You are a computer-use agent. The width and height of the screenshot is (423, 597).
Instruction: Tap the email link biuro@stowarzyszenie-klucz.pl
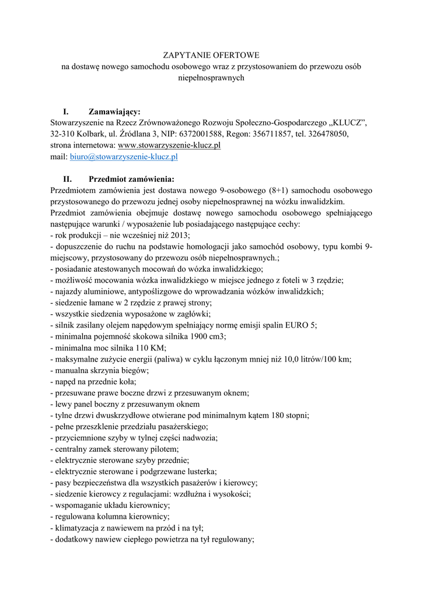click(x=124, y=156)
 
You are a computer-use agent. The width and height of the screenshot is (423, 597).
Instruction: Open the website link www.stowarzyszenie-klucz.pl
click(x=169, y=145)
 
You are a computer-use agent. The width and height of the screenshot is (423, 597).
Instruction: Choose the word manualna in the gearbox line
click(x=73, y=370)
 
